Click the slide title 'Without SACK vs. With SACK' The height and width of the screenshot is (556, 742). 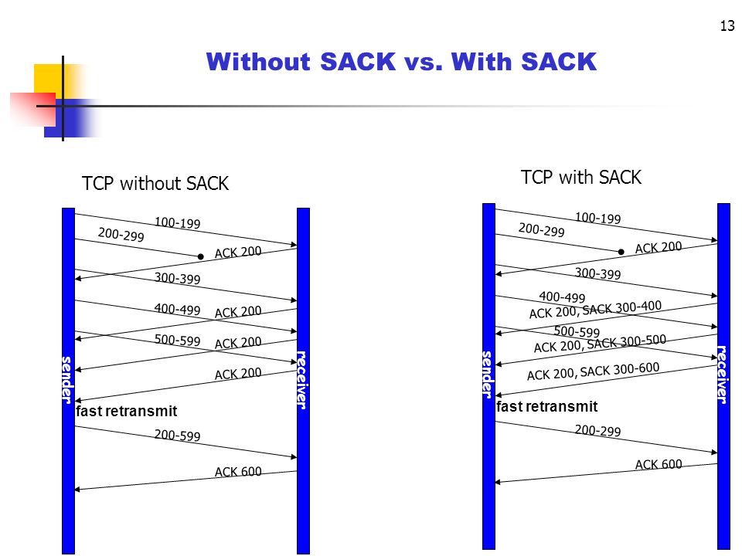coord(402,62)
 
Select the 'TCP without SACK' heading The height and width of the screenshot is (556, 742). coord(155,184)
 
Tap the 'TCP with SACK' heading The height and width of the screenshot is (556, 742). coord(581,178)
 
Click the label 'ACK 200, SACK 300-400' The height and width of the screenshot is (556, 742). coord(595,309)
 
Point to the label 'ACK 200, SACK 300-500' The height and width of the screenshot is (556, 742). coord(600,344)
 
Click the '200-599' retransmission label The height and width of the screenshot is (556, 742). coord(177,436)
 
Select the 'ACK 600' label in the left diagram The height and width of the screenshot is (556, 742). coord(238,471)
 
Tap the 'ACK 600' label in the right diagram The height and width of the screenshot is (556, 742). coord(659,464)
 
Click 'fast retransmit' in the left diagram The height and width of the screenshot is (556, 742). coord(127,411)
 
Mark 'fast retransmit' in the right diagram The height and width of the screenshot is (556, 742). coord(547,406)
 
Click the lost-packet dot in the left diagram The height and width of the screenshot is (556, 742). coord(199,256)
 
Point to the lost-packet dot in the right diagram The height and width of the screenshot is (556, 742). coord(621,251)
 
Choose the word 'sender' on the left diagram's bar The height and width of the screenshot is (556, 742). coord(67,380)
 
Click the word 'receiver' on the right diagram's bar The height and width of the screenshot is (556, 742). coord(723,374)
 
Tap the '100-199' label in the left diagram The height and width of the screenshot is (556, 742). coord(177,223)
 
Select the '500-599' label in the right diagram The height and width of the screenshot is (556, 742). coord(577,332)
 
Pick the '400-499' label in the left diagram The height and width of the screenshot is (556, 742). coord(177,309)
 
